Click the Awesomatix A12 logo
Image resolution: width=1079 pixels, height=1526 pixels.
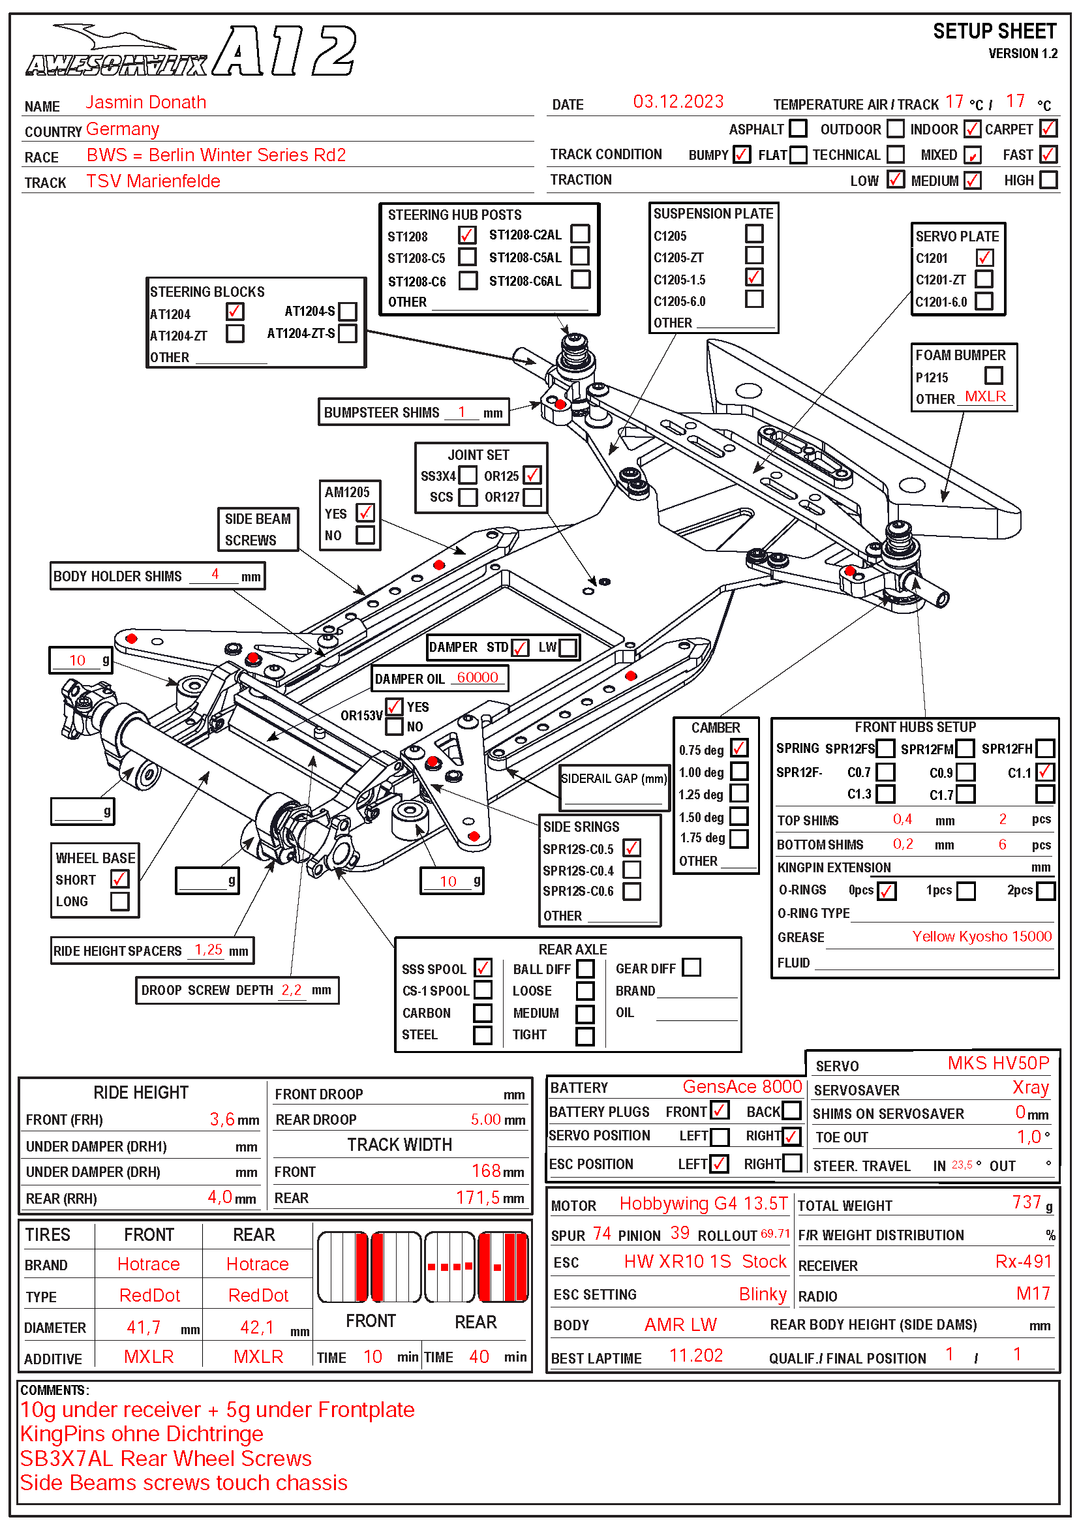coord(191,51)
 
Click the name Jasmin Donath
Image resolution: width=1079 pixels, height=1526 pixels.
coord(145,102)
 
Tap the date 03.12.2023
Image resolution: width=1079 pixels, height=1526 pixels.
coord(678,102)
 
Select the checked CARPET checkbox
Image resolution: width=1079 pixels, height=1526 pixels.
coord(1048,129)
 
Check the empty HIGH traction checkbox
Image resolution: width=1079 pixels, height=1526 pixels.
coord(1048,179)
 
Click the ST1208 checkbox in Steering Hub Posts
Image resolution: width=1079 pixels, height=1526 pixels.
coord(466,236)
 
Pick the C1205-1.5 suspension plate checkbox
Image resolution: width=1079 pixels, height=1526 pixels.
coord(754,277)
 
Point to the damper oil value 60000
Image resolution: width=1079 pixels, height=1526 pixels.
coord(477,677)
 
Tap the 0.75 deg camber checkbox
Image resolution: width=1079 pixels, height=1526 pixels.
coord(739,748)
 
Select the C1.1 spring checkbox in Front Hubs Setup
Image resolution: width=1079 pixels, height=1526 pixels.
coord(1044,772)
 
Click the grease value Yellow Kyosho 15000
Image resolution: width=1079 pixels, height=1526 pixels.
coord(981,936)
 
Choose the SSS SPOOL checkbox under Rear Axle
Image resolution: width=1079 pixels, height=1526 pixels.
coord(483,968)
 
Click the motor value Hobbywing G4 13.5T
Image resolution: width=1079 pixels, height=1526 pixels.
coord(704,1204)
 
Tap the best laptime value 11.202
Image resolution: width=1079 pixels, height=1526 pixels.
coord(695,1355)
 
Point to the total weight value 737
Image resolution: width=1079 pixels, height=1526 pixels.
coord(1027,1202)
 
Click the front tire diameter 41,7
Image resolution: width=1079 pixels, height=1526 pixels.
coord(144,1327)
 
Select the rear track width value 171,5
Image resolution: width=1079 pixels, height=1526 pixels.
coord(478,1198)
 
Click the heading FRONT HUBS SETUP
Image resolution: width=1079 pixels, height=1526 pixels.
coord(915,727)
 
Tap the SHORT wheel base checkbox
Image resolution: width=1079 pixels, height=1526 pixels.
coord(120,879)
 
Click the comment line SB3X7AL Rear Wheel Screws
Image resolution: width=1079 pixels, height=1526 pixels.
coord(166,1458)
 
